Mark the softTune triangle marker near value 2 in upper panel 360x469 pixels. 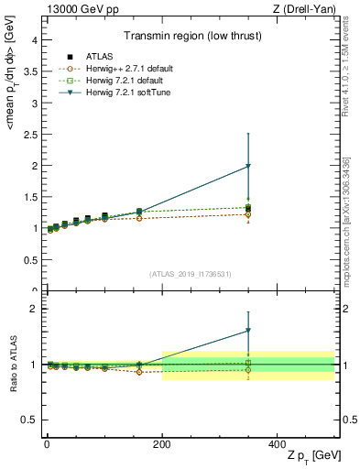pyautogui.click(x=248, y=166)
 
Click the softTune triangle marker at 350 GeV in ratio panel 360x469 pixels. pyautogui.click(x=248, y=331)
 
